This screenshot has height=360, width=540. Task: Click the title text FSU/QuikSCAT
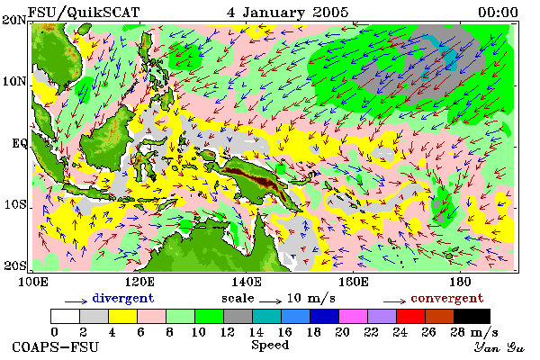tap(84, 13)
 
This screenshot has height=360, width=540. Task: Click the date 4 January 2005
tap(288, 13)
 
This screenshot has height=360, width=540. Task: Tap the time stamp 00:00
tap(498, 13)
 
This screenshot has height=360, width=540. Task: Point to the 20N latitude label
tap(14, 20)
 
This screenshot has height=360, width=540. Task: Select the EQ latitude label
tap(20, 143)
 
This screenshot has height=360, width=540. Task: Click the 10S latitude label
tap(15, 204)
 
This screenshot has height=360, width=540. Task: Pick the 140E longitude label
tap(247, 282)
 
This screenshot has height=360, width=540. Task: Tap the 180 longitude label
tap(460, 282)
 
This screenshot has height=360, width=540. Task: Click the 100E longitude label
tap(32, 282)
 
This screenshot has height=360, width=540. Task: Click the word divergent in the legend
tap(123, 299)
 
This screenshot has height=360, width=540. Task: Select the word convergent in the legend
tap(447, 298)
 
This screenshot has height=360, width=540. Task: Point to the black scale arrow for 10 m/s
tap(270, 301)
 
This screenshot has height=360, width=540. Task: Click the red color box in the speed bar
tap(410, 316)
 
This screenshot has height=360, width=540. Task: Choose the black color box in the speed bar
tap(472, 316)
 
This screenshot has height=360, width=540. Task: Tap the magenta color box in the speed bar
tap(353, 316)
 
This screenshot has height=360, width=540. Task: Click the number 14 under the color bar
tap(256, 332)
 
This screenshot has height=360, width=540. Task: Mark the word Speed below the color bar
tap(270, 346)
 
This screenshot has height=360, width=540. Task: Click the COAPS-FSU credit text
tap(56, 346)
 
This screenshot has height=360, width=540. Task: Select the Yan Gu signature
tap(499, 347)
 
